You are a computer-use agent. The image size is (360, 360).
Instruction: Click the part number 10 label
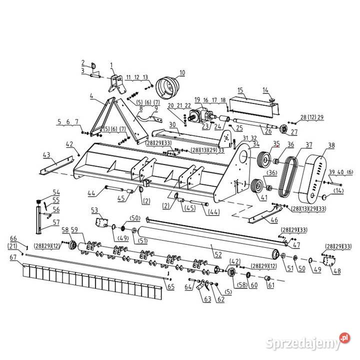point(182,72)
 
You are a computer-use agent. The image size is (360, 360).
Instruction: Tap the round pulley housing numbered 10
point(167,88)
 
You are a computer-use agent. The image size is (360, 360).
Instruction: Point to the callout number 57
point(56,222)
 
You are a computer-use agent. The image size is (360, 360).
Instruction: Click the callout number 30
point(171,124)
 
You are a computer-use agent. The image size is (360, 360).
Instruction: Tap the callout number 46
point(273,219)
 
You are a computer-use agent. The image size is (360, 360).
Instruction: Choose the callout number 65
point(170,286)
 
